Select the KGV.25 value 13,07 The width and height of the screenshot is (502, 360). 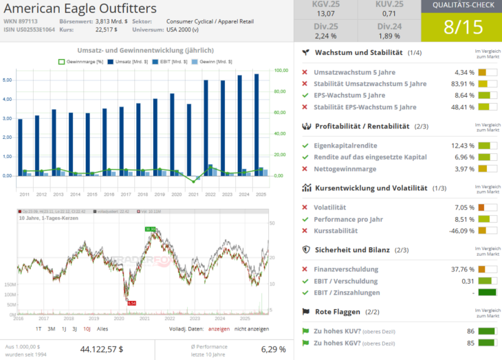point(326,14)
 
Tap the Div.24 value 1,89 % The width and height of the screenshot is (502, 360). point(389,36)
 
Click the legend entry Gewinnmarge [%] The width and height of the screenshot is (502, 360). point(84,62)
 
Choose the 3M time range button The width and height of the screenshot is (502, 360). point(51,329)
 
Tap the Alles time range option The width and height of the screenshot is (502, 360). point(102,329)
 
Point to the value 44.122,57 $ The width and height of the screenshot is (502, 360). point(102,349)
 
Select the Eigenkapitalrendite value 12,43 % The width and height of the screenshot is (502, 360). point(463,146)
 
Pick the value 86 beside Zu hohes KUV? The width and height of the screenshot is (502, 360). point(471,331)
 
